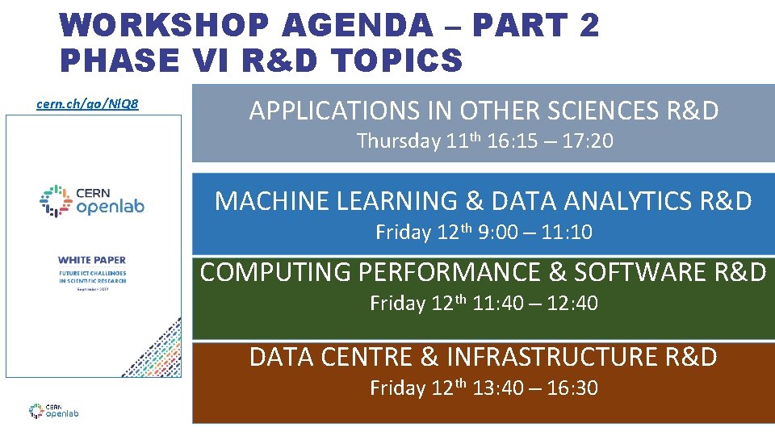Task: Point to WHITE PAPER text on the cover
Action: click(92, 260)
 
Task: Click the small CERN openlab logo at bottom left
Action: click(53, 410)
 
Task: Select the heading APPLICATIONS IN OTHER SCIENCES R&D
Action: click(484, 111)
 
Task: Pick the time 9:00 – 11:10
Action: click(537, 233)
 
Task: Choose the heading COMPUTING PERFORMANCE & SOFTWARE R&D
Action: click(483, 273)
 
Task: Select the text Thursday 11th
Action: click(419, 141)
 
